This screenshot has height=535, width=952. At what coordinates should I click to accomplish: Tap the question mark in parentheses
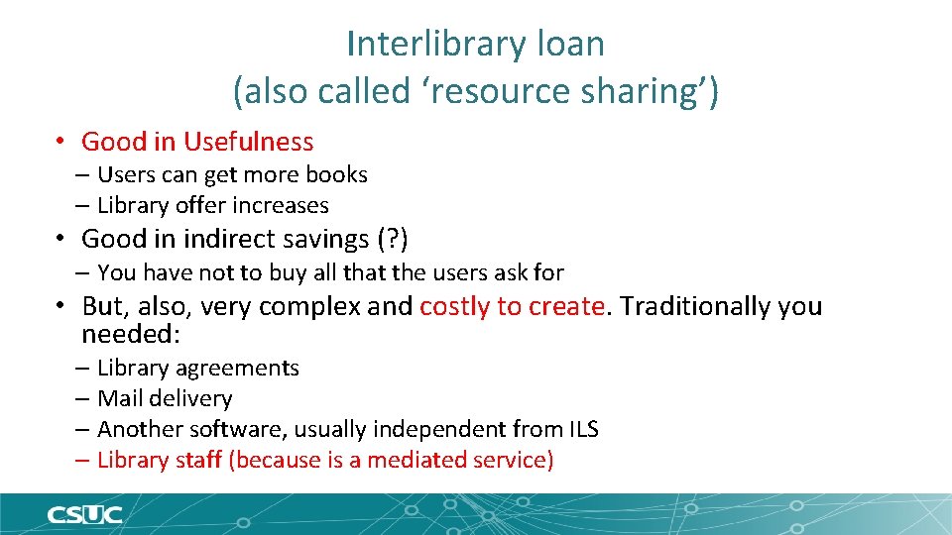pyautogui.click(x=393, y=239)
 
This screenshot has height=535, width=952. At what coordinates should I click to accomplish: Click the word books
pyautogui.click(x=336, y=174)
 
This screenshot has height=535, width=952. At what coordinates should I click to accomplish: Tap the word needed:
pyautogui.click(x=131, y=334)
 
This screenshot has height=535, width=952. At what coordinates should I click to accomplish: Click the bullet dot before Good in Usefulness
pyautogui.click(x=61, y=142)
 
